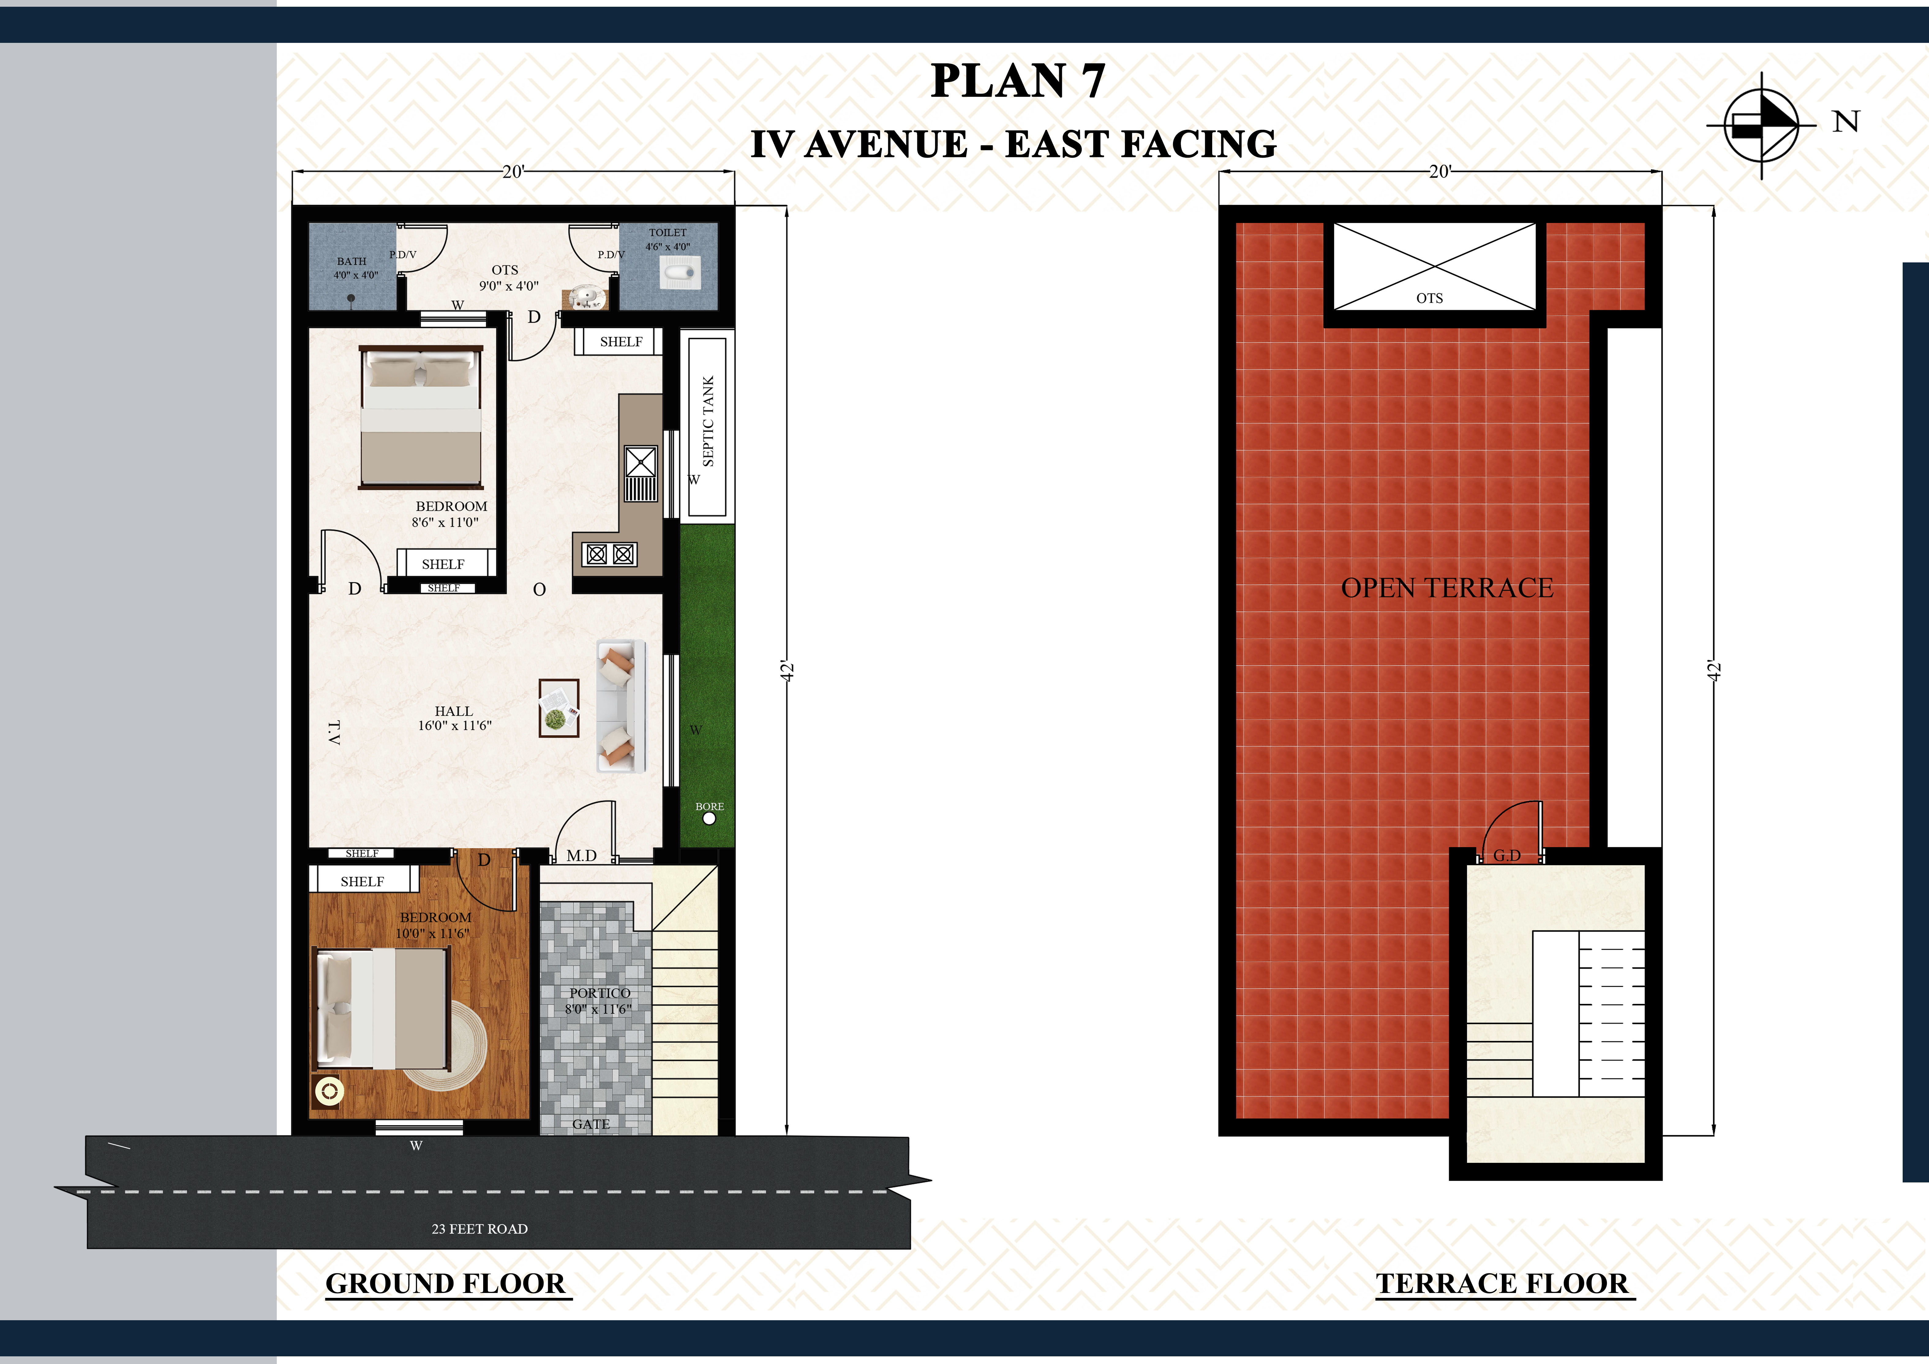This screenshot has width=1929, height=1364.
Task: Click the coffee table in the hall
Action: (x=559, y=707)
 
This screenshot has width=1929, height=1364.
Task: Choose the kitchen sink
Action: (x=640, y=474)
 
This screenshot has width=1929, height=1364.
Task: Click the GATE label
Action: (x=591, y=1124)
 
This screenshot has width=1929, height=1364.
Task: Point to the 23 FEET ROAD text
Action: (x=480, y=1229)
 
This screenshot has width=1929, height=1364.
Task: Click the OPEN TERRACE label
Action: (x=1447, y=588)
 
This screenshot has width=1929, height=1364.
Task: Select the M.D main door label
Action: (x=581, y=856)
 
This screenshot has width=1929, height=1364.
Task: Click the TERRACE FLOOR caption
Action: (x=1502, y=1283)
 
